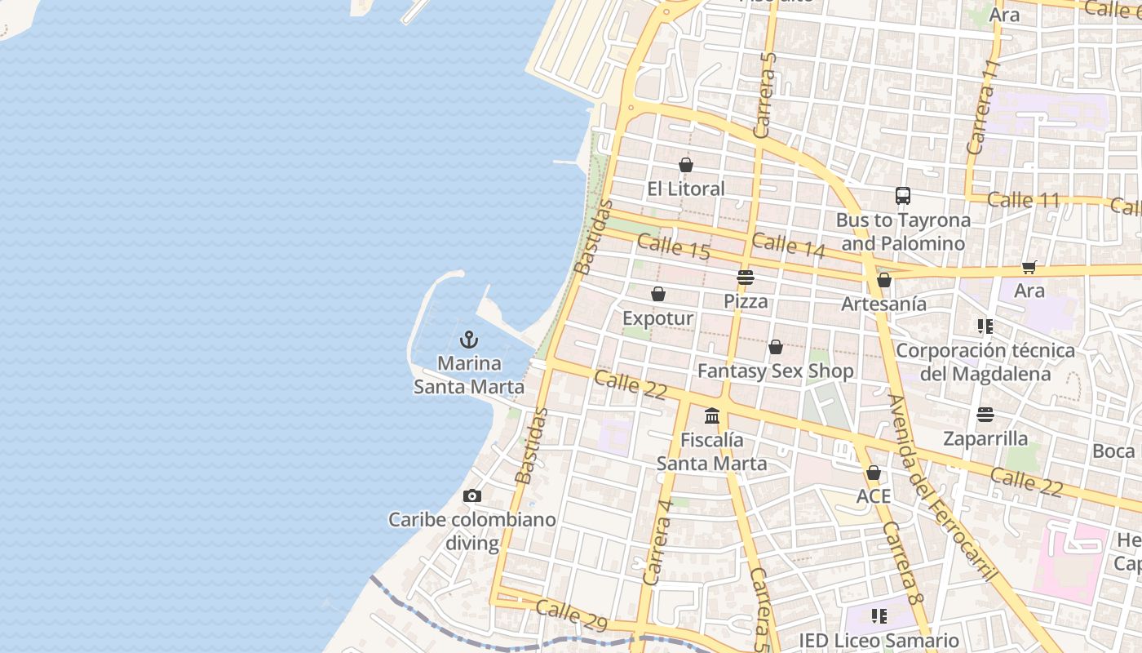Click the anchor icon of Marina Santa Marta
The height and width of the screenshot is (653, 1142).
pyautogui.click(x=469, y=339)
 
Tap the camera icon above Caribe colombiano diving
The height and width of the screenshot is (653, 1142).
pyautogui.click(x=471, y=495)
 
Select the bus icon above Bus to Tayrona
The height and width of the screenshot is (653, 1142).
pyautogui.click(x=903, y=196)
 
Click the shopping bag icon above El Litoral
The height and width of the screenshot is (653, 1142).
pyautogui.click(x=686, y=165)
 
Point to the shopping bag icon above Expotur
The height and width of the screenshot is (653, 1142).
pyautogui.click(x=658, y=294)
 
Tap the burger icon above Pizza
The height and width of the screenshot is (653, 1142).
pyautogui.click(x=745, y=278)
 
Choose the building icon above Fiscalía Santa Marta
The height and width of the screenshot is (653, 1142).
pyautogui.click(x=712, y=416)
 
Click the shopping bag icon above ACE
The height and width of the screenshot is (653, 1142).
pyautogui.click(x=874, y=473)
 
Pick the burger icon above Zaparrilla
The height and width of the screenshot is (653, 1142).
pyautogui.click(x=985, y=415)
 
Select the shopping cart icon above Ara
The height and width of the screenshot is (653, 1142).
pyautogui.click(x=1029, y=267)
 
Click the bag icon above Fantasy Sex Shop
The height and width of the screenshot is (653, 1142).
pyautogui.click(x=776, y=347)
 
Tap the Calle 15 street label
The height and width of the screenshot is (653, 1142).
pyautogui.click(x=674, y=247)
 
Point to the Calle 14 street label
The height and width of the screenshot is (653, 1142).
pyautogui.click(x=789, y=246)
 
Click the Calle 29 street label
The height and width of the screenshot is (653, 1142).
pyautogui.click(x=572, y=615)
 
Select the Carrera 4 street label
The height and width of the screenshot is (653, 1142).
pyautogui.click(x=657, y=542)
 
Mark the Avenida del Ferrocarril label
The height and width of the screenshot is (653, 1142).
pyautogui.click(x=942, y=488)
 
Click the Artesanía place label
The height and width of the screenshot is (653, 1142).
pyautogui.click(x=884, y=304)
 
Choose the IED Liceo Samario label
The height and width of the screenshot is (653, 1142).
pyautogui.click(x=879, y=641)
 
